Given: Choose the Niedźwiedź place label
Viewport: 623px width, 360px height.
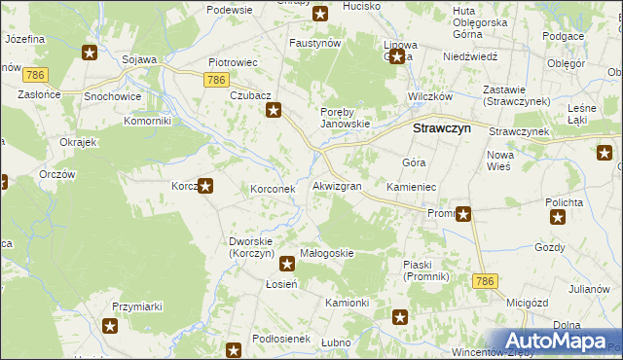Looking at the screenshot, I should (x=443, y=57).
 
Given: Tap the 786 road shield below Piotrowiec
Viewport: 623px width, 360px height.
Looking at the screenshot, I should (x=218, y=80).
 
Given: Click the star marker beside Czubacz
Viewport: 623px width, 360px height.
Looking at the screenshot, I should (x=275, y=111).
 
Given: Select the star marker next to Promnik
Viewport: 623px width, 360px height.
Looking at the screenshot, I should (x=464, y=214).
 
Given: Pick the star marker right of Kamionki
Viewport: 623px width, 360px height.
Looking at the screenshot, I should (x=399, y=316).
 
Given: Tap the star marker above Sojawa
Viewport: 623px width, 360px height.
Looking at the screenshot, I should (x=90, y=54).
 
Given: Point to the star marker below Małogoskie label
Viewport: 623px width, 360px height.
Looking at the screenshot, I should (x=287, y=263).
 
